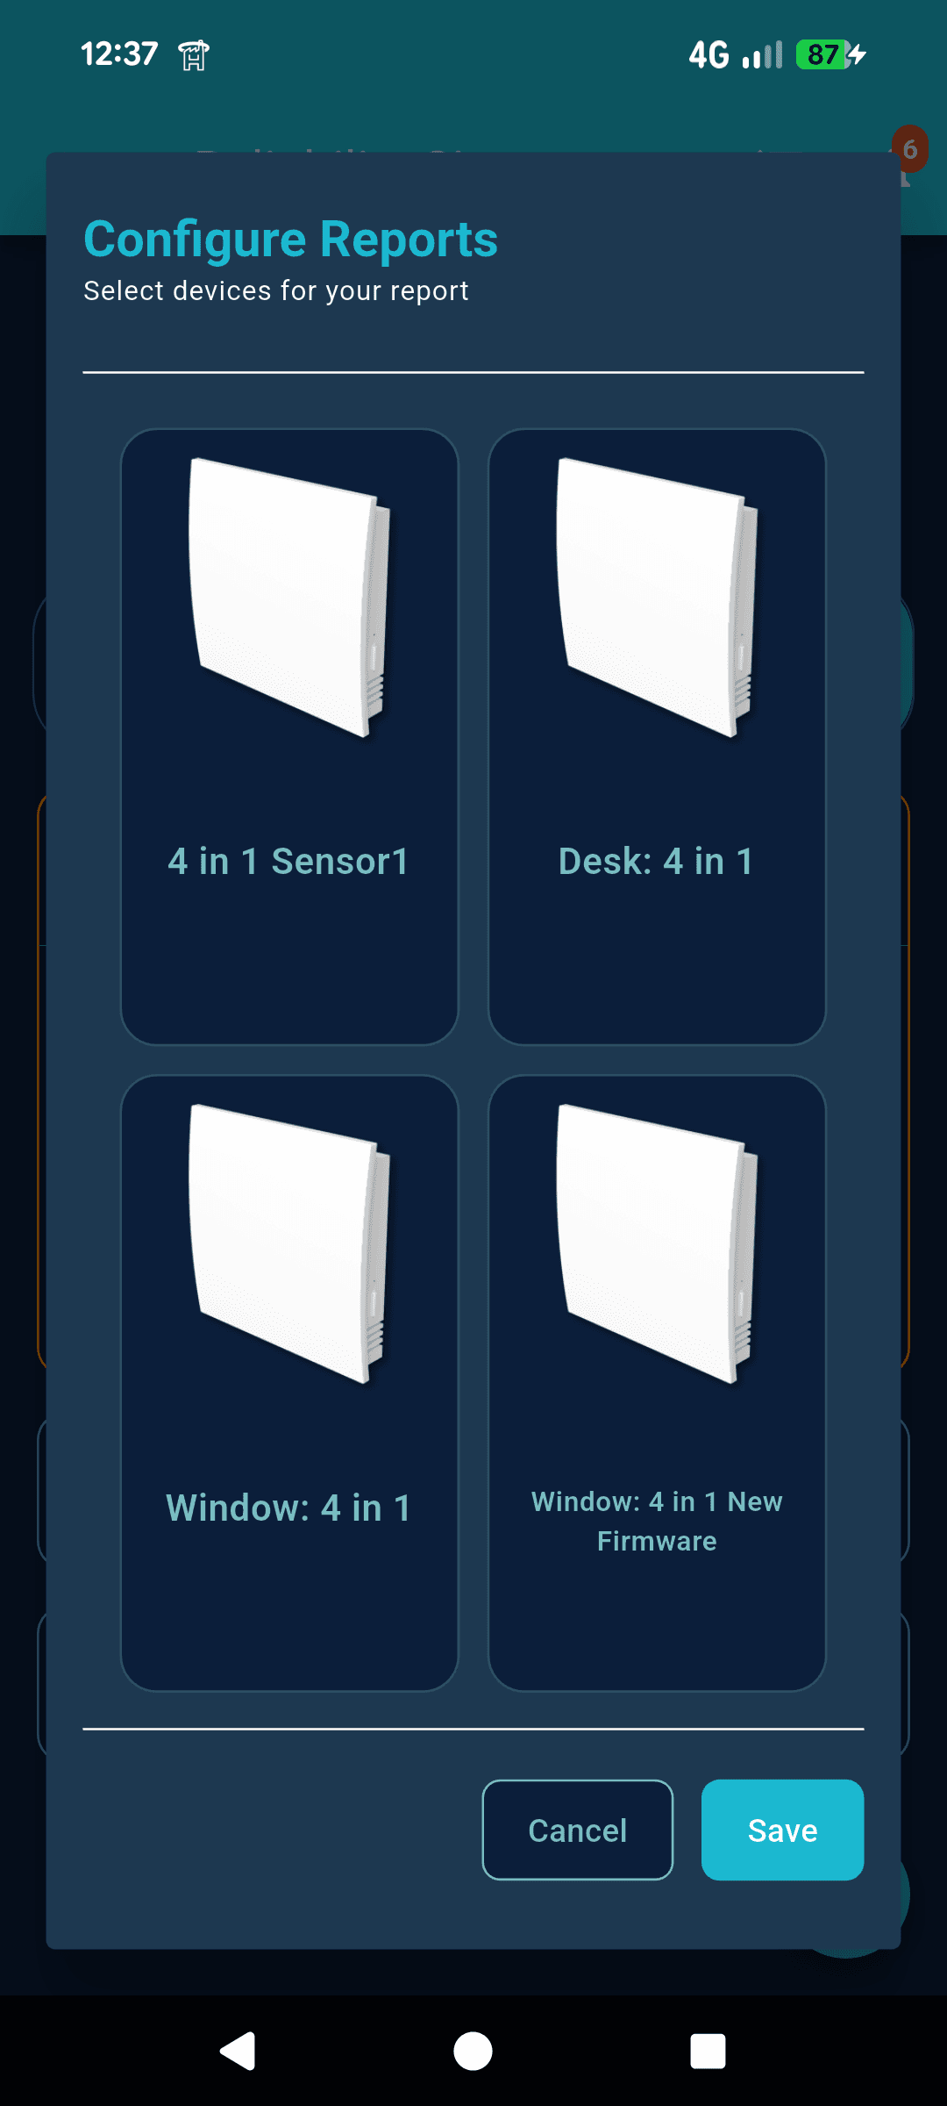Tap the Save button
click(x=782, y=1830)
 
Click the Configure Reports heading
click(x=290, y=239)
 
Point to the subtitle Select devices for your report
click(x=275, y=290)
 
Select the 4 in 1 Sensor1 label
click(x=288, y=862)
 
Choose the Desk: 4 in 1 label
click(x=656, y=862)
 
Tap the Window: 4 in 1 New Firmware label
click(x=657, y=1521)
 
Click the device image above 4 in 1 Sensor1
click(x=288, y=597)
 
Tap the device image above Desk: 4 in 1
click(x=656, y=597)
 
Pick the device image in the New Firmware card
click(x=656, y=1243)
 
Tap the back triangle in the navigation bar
click(x=238, y=2051)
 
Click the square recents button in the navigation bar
click(x=708, y=2051)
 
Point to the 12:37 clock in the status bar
click(x=119, y=54)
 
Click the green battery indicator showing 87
click(x=822, y=54)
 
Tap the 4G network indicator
click(x=708, y=54)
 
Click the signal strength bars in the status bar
click(x=762, y=54)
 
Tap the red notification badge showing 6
click(x=910, y=148)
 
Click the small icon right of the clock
click(x=194, y=55)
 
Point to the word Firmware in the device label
click(x=657, y=1541)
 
